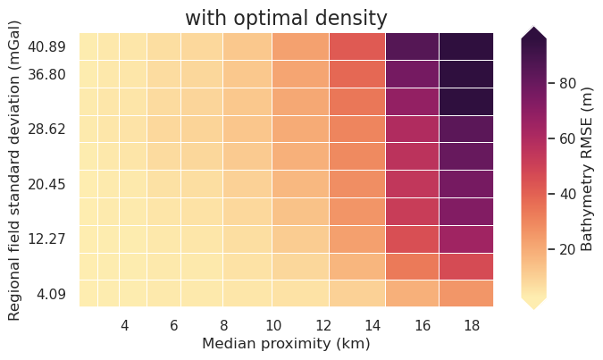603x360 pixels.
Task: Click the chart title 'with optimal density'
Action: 286,18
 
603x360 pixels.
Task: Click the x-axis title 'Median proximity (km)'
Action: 286,343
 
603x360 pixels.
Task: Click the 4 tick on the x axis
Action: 124,325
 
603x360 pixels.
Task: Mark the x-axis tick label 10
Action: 274,325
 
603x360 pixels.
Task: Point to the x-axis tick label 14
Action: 373,325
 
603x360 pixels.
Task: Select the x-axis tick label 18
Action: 473,325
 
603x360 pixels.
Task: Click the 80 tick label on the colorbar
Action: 566,83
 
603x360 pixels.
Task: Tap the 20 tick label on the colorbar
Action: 566,249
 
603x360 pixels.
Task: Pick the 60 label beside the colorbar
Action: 566,138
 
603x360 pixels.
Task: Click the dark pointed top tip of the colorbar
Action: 533,30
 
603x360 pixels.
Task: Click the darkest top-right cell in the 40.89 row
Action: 466,46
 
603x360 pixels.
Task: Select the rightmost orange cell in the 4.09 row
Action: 466,293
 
